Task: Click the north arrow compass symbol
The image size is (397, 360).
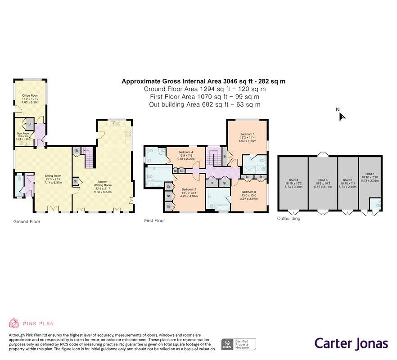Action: [x=342, y=117]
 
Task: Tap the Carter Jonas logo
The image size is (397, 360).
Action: [x=351, y=343]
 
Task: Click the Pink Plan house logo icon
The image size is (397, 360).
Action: [x=14, y=323]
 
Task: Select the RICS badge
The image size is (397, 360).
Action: [x=226, y=345]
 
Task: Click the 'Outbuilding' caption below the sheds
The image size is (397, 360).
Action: [x=289, y=219]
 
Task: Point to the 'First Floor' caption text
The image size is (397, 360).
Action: [x=154, y=221]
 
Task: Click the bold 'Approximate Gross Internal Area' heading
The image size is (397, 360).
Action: [x=203, y=81]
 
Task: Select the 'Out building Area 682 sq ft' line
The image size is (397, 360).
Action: [x=204, y=104]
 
